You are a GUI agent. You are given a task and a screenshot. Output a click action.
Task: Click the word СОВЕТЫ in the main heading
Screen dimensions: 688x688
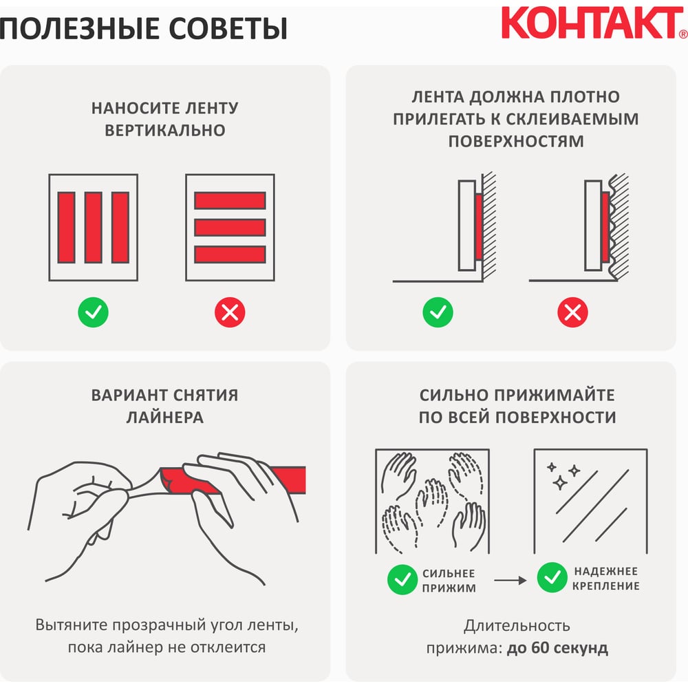(228, 29)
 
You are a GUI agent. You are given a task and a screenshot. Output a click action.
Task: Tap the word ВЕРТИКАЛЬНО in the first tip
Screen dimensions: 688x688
(165, 130)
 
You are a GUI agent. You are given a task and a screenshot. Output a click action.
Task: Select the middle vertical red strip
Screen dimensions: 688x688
(94, 227)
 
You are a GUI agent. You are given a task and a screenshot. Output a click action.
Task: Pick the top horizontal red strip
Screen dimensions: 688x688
(230, 200)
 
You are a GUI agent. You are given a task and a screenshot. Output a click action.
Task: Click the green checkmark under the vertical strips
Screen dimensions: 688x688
(93, 312)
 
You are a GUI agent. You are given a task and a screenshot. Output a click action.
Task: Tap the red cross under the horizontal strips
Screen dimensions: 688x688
(230, 312)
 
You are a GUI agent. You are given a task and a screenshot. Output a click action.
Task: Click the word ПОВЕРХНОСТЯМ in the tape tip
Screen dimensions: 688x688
(516, 141)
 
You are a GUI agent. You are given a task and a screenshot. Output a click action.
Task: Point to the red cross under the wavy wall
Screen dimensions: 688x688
(572, 312)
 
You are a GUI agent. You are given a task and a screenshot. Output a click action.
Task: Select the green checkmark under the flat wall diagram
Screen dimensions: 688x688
(438, 312)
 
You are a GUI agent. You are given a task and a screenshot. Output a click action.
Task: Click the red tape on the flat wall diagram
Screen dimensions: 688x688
(479, 226)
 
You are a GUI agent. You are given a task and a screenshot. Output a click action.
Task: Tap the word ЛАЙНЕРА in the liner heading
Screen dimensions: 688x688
(165, 418)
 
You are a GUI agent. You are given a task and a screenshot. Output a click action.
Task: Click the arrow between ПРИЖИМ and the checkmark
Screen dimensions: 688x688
(510, 580)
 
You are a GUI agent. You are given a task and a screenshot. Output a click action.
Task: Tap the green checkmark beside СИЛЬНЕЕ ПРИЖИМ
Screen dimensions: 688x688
(402, 579)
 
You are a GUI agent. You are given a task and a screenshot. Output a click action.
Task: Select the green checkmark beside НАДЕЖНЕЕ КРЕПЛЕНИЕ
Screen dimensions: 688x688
(552, 577)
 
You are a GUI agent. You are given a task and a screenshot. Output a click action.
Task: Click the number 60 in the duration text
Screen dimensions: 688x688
(541, 648)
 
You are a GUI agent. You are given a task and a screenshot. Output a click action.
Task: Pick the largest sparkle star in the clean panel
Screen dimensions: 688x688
(559, 483)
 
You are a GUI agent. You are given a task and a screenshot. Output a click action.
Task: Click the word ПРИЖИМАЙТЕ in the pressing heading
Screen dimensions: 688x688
(555, 396)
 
